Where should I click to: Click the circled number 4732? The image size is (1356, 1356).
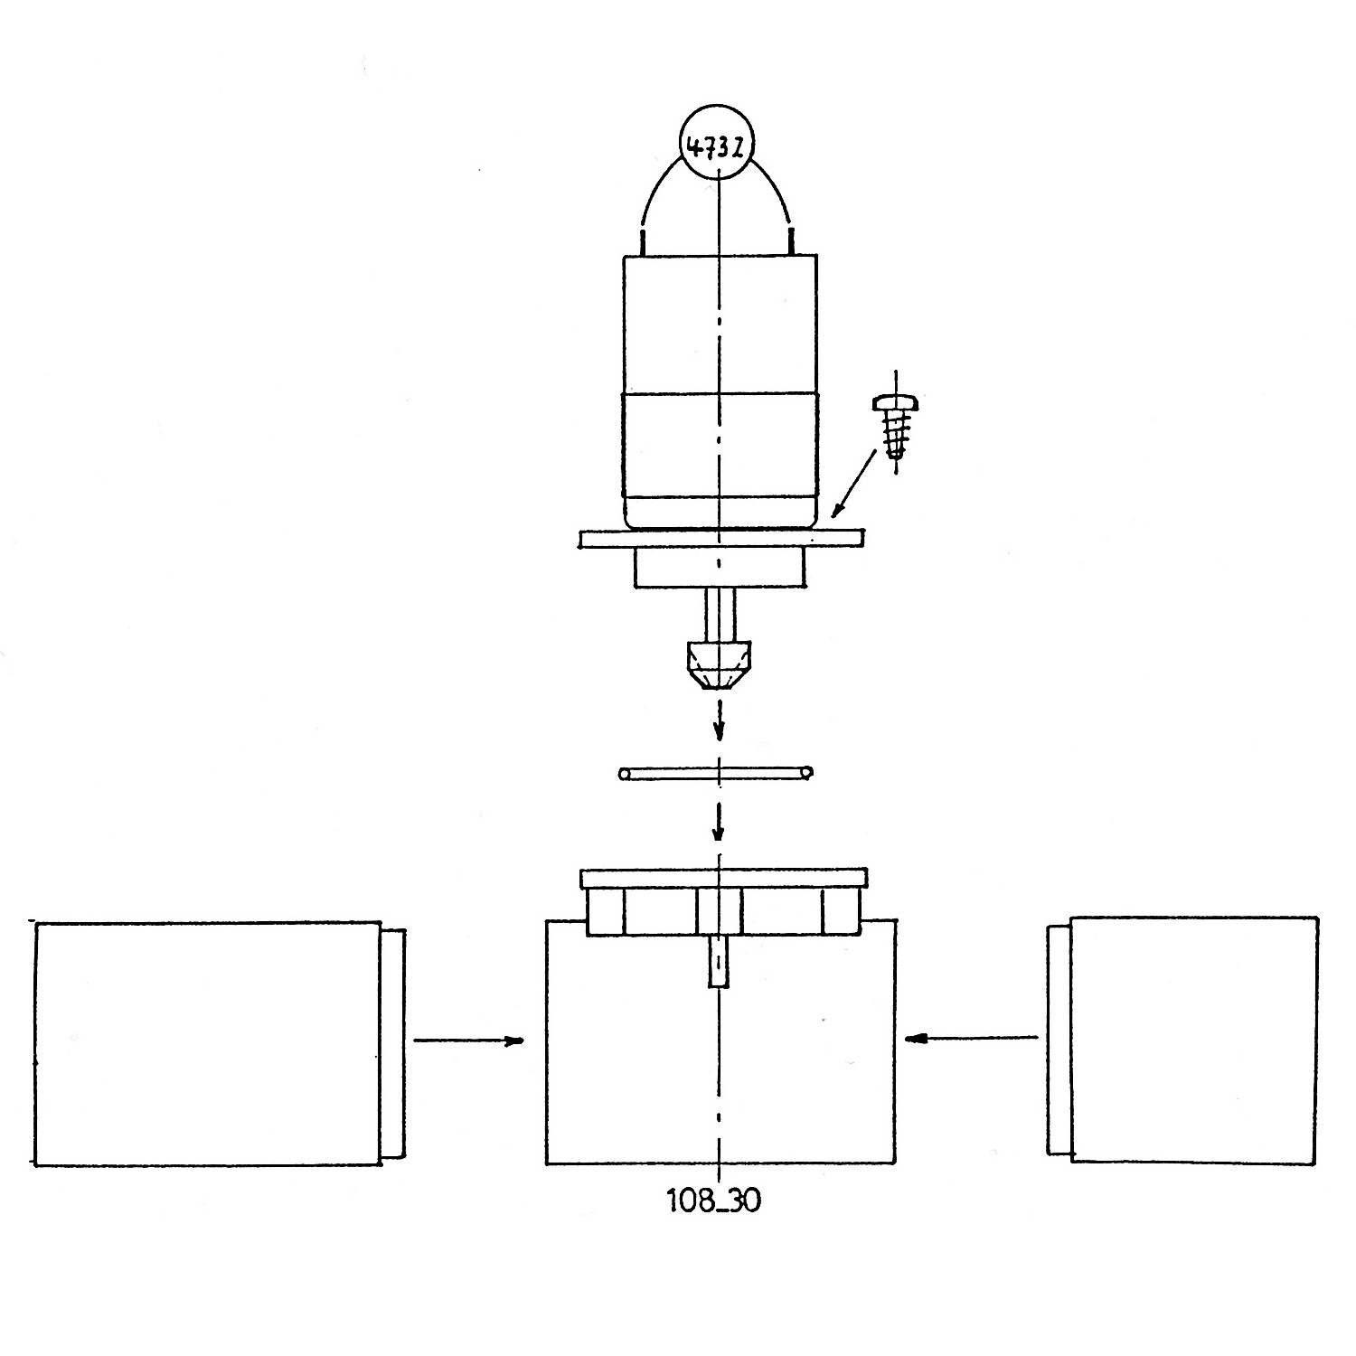[716, 146]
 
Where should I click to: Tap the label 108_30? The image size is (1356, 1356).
[714, 1201]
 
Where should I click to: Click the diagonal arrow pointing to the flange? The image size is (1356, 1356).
[854, 485]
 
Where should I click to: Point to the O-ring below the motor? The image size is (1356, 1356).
[715, 773]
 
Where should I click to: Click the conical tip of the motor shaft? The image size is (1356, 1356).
[719, 667]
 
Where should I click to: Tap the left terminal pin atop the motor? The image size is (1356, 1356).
[643, 241]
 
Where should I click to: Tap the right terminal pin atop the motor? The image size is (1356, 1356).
[792, 241]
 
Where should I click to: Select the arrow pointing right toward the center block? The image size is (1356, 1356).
[469, 1041]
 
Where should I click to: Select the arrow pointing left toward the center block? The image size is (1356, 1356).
[971, 1038]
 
